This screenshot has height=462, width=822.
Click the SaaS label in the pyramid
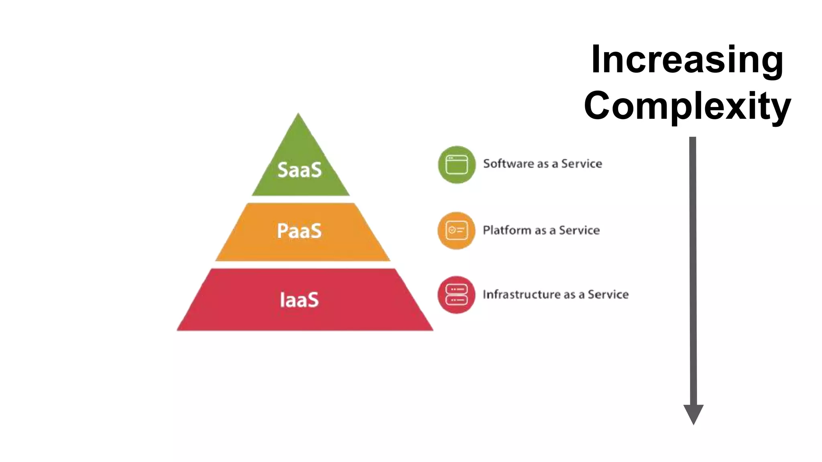(x=299, y=170)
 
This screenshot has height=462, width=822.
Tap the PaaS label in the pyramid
(x=299, y=231)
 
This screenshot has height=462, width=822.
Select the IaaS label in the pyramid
(x=299, y=300)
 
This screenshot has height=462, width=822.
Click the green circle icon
(x=457, y=165)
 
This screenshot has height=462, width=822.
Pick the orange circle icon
(x=456, y=231)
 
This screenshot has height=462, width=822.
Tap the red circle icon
(x=456, y=295)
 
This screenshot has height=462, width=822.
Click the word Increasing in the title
(x=687, y=59)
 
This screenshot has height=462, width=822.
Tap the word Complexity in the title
(x=687, y=105)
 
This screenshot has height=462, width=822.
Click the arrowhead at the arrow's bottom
(x=693, y=414)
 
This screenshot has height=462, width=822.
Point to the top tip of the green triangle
(x=298, y=114)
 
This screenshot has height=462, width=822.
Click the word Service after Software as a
(x=582, y=164)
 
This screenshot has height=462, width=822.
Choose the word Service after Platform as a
(x=579, y=230)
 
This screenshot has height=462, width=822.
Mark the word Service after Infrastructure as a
(x=608, y=294)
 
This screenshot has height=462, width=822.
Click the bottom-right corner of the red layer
(x=432, y=330)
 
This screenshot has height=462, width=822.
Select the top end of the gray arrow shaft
(x=693, y=138)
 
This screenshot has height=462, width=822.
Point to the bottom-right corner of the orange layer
(x=389, y=260)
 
